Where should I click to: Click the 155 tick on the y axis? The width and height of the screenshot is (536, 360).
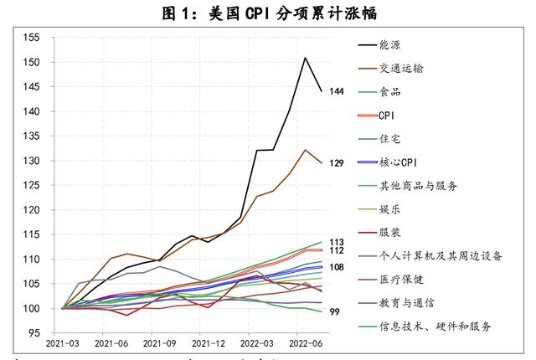[x=31, y=38]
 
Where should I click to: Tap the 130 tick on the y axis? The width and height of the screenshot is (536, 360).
[x=31, y=161]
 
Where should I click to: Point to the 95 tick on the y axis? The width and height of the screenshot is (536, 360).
[x=33, y=333]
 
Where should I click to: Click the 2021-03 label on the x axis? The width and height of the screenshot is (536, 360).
[x=63, y=343]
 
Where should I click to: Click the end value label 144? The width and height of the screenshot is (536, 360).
[x=337, y=90]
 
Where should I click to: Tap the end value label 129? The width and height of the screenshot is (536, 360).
[x=337, y=162]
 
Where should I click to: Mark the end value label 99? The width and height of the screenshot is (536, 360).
[x=334, y=312]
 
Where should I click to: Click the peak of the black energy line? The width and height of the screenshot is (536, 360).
[x=305, y=58]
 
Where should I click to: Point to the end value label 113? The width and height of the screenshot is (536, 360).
[x=337, y=242]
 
